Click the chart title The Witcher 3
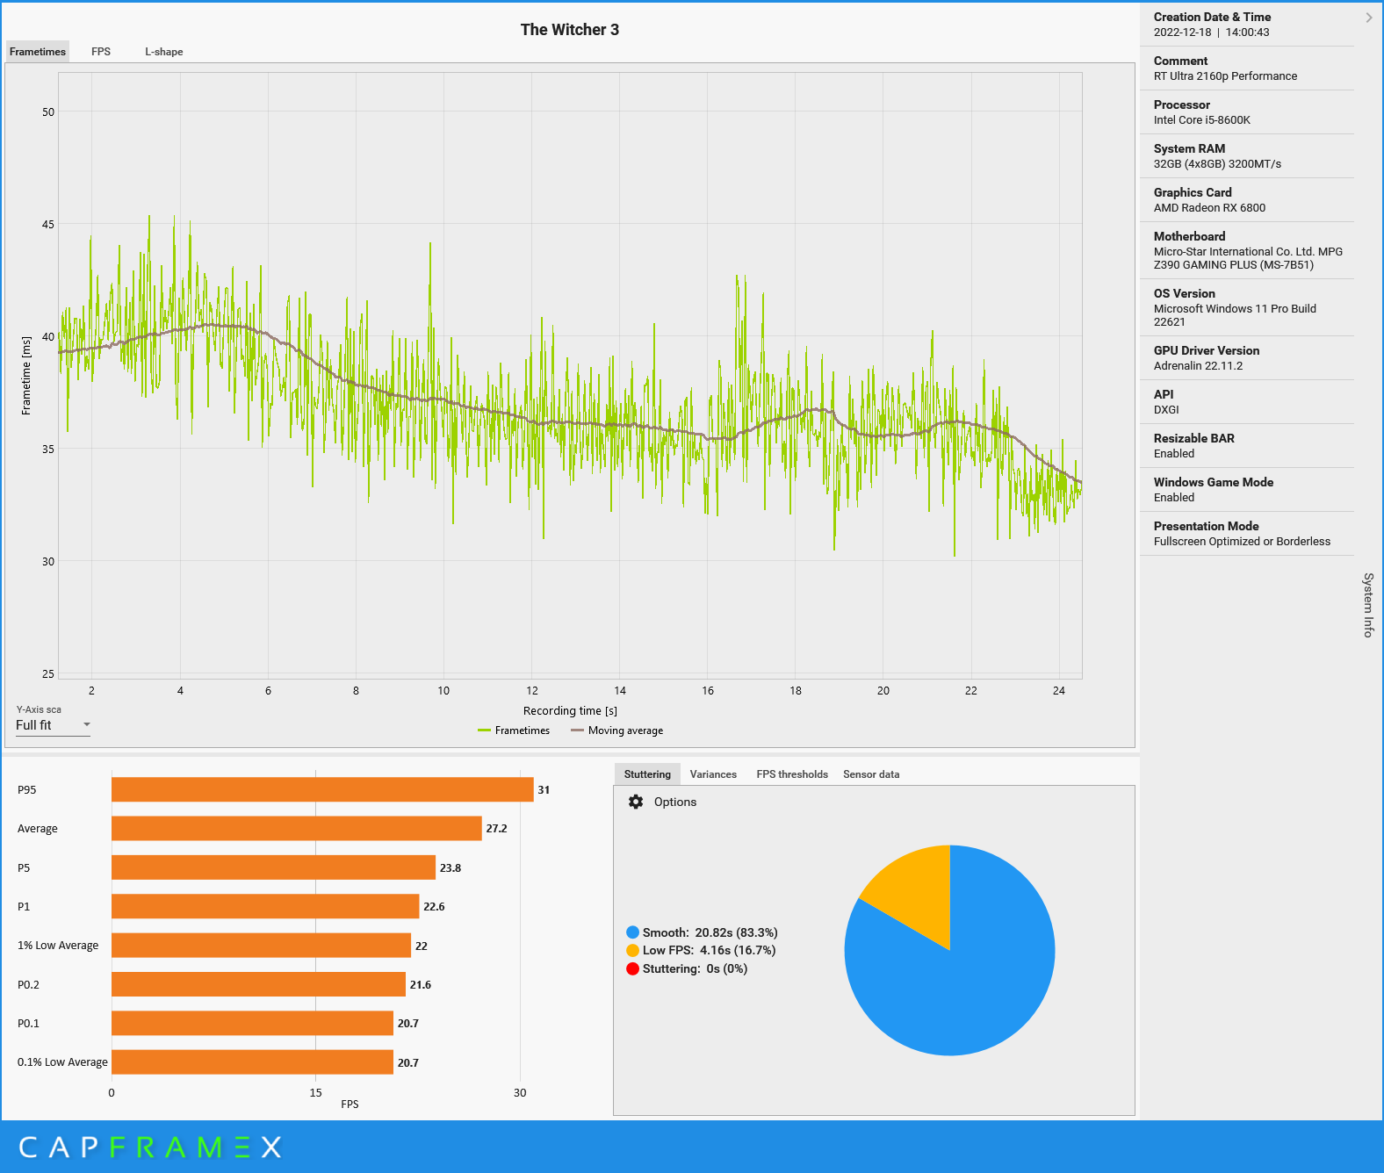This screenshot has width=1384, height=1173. pyautogui.click(x=569, y=30)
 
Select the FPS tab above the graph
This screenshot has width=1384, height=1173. pyautogui.click(x=101, y=52)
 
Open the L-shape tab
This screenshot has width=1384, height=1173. pyautogui.click(x=164, y=52)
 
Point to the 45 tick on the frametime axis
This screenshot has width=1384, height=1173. pyautogui.click(x=47, y=225)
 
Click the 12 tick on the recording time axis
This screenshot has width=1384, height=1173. pyautogui.click(x=532, y=691)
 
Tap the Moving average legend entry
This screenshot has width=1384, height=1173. pyautogui.click(x=624, y=730)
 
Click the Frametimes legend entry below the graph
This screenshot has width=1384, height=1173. pyautogui.click(x=522, y=730)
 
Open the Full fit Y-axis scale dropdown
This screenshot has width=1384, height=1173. pyautogui.click(x=53, y=725)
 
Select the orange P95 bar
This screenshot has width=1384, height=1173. pyautogui.click(x=322, y=789)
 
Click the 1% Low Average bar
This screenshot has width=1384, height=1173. pyautogui.click(x=261, y=946)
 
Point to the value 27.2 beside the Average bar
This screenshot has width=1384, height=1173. pyautogui.click(x=496, y=829)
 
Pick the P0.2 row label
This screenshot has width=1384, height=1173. pyautogui.click(x=28, y=985)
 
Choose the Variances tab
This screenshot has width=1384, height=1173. pyautogui.click(x=713, y=774)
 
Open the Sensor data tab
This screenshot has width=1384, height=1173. pyautogui.click(x=871, y=774)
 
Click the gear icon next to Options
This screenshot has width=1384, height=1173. pyautogui.click(x=636, y=802)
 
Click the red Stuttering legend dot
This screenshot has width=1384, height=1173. pyautogui.click(x=632, y=969)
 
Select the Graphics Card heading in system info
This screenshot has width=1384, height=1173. pyautogui.click(x=1193, y=192)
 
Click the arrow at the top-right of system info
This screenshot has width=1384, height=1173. pyautogui.click(x=1368, y=18)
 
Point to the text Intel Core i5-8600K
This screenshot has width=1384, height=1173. pyautogui.click(x=1201, y=120)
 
